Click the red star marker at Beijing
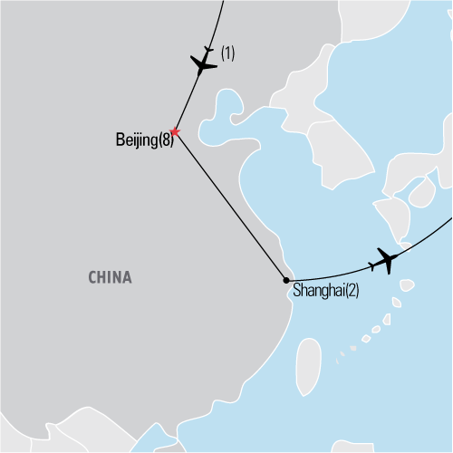(x=175, y=133)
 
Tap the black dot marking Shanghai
(x=286, y=280)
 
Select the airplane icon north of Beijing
(x=205, y=64)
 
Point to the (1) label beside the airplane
(x=227, y=53)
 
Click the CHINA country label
(x=110, y=277)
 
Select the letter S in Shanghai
(x=296, y=293)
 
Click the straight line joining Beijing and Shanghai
(x=231, y=207)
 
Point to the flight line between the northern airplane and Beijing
(x=187, y=104)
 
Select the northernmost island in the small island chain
(x=407, y=286)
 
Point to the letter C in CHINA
(x=92, y=277)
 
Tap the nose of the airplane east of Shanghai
(x=400, y=256)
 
